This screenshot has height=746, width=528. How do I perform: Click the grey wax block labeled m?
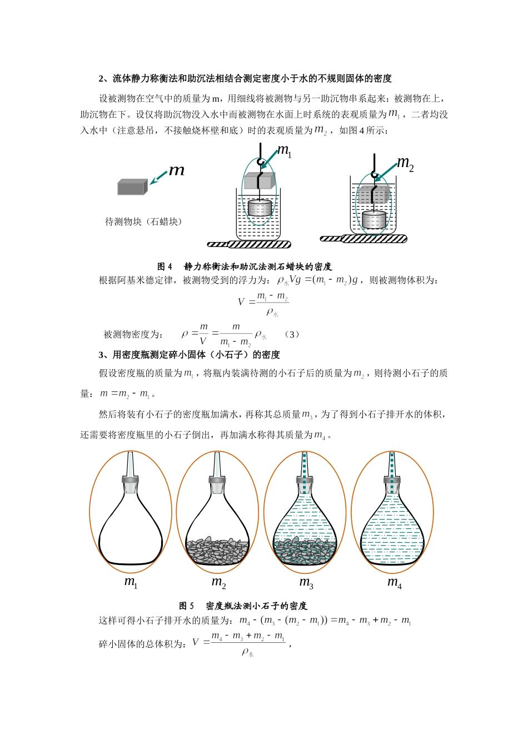(132, 187)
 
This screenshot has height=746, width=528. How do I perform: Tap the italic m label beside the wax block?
(176, 170)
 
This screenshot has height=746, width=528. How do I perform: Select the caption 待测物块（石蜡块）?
(143, 221)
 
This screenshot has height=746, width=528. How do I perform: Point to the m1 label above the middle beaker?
(285, 150)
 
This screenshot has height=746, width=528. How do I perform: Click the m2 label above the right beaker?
(405, 163)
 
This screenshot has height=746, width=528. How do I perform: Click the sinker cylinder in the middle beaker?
(260, 208)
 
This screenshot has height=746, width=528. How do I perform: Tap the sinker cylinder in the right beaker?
(373, 219)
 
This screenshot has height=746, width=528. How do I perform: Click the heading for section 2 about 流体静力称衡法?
(245, 78)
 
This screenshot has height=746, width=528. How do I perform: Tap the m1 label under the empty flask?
(131, 582)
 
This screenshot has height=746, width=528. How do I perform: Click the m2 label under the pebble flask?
(218, 582)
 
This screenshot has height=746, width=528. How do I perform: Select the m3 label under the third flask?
(306, 582)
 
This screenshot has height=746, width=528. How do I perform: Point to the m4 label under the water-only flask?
(395, 582)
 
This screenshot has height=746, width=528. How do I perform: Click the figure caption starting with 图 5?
(243, 606)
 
